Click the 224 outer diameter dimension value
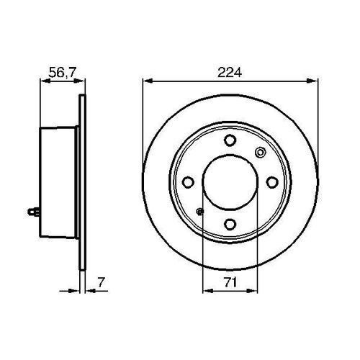[x=229, y=72]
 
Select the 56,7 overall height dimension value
[x=61, y=72]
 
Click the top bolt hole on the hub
[x=229, y=140]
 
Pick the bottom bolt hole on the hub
[x=229, y=225]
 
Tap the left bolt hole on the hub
[x=186, y=183]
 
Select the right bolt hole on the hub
[x=271, y=183]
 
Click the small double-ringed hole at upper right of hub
[x=260, y=152]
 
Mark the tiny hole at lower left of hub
[x=199, y=212]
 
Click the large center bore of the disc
[x=229, y=183]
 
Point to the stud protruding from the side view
[x=31, y=211]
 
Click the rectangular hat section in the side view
[x=58, y=183]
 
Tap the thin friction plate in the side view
[x=81, y=183]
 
